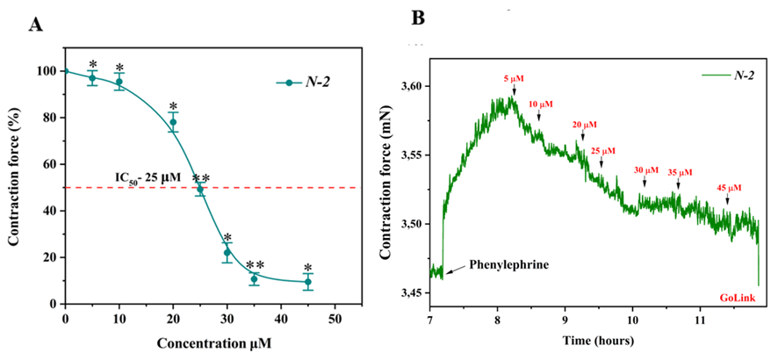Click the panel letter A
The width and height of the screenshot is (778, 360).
[36, 25]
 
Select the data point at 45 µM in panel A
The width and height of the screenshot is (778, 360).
[308, 282]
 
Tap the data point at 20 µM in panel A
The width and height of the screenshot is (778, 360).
[173, 122]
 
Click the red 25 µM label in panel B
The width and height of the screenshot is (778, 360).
[603, 151]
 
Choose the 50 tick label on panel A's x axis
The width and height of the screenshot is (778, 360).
[335, 317]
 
